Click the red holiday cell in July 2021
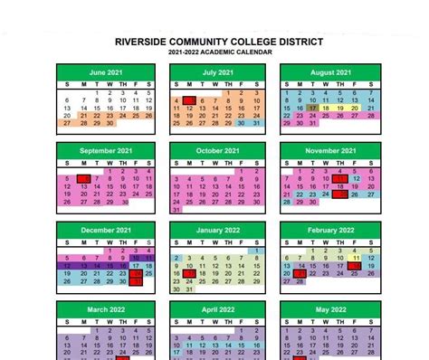coord(189,99)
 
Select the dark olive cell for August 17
coord(312,108)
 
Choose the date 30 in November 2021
coord(312,203)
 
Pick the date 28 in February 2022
coord(300,281)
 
